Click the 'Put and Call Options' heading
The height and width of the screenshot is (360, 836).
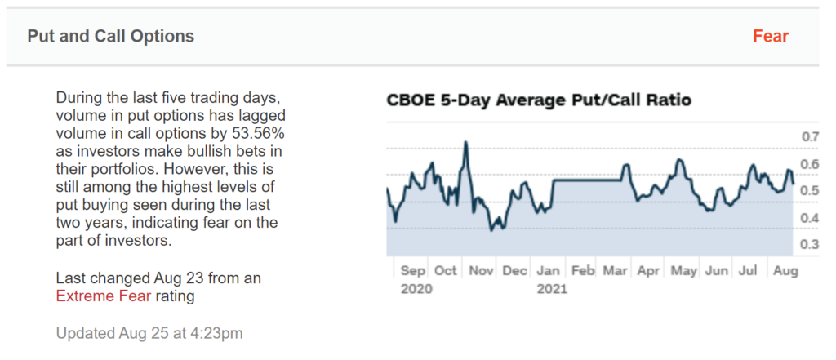tap(111, 37)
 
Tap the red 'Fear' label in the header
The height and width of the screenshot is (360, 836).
tap(771, 37)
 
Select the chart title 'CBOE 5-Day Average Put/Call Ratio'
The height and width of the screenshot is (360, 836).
tap(539, 100)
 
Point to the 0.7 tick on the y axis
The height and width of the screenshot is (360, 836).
tap(809, 136)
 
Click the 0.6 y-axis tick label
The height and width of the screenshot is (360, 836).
tap(809, 164)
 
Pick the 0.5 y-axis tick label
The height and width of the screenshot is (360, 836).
tap(809, 191)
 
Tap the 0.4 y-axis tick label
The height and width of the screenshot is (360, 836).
tap(809, 218)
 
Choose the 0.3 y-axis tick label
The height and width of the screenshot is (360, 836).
tap(809, 245)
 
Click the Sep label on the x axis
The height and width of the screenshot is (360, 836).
tap(414, 270)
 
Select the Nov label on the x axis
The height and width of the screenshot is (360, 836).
tap(481, 270)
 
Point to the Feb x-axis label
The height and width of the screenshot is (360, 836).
tap(583, 270)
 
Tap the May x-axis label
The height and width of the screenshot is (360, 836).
tap(683, 270)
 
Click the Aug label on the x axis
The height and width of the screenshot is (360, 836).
tap(785, 270)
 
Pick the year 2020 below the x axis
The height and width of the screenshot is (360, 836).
tap(417, 288)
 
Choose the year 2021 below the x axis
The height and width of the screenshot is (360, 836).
tap(552, 288)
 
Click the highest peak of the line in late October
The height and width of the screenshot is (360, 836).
tap(465, 143)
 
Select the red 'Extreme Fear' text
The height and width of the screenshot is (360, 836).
tap(104, 296)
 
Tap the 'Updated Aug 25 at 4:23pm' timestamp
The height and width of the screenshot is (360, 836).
tap(149, 333)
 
